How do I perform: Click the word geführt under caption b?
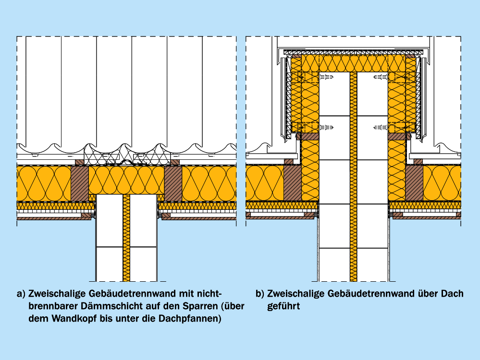tap(283, 306)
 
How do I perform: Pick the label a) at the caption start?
tap(21, 293)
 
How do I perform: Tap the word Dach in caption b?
tap(452, 293)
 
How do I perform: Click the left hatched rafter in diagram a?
tap(80, 183)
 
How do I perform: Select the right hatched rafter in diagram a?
tap(173, 183)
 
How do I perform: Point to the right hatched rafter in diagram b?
tap(414, 183)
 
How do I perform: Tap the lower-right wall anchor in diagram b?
tap(381, 128)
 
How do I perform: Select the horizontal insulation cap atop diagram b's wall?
tap(354, 63)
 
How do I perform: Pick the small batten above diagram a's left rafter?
tap(80, 162)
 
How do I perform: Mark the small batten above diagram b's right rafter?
tap(418, 161)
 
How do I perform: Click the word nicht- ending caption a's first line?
tap(210, 293)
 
